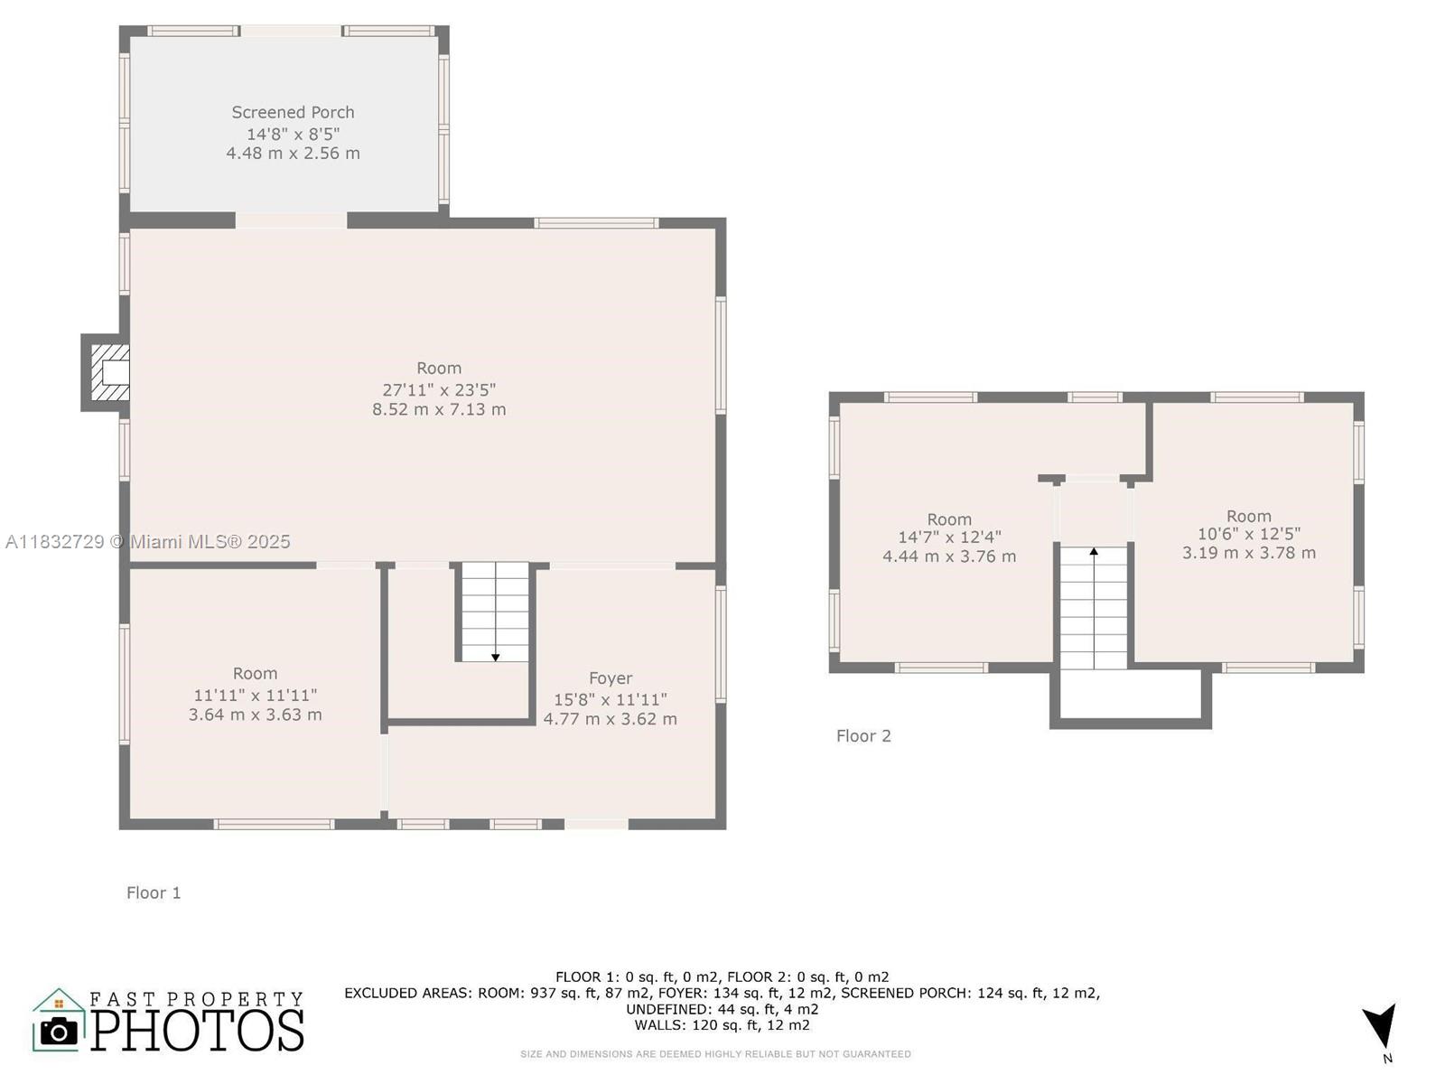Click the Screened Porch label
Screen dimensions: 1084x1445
coord(293,112)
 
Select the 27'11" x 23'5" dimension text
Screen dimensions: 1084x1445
coord(439,389)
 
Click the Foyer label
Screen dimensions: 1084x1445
coord(611,677)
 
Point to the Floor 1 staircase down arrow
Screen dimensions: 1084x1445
coord(495,657)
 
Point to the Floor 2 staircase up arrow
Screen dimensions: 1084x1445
coord(1094,550)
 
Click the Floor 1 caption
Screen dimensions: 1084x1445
coord(154,892)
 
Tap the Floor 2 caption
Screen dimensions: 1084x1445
coord(863,735)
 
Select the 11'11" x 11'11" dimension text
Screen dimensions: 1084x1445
coord(256,695)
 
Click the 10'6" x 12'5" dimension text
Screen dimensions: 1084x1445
coord(1249,534)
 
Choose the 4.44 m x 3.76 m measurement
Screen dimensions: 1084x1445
coord(949,556)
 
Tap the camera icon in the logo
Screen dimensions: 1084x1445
coord(60,1031)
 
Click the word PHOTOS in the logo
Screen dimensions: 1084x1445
coord(197,1030)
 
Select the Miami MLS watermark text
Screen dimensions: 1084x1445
coord(148,541)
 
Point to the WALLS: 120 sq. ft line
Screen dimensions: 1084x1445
coord(722,1024)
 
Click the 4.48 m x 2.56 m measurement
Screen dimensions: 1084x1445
coord(293,153)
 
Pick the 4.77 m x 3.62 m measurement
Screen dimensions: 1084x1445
coord(610,719)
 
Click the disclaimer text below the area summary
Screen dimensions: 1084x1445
coord(715,1053)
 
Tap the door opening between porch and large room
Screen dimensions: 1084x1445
coord(291,220)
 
